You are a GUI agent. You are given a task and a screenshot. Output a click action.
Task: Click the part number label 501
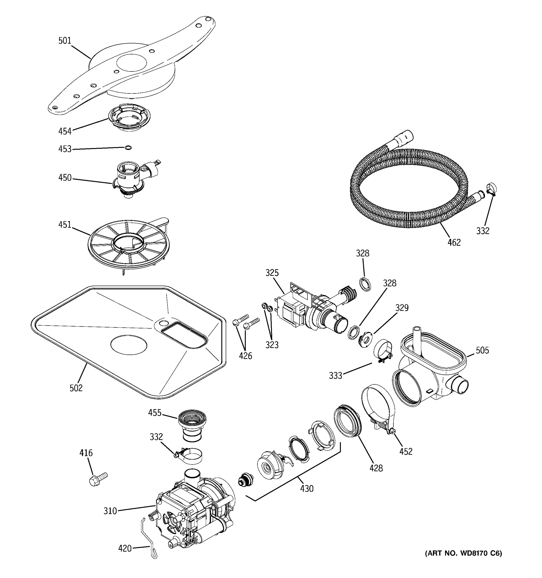[x=65, y=41]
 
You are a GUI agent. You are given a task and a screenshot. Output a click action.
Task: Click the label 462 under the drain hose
[x=454, y=243]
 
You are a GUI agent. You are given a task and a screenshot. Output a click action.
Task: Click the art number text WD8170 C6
[x=463, y=553]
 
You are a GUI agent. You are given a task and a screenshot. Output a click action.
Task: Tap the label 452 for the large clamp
[x=406, y=452]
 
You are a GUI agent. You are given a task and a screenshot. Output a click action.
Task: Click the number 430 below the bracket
[x=306, y=489]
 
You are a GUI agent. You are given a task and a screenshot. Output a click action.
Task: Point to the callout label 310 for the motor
[x=110, y=511]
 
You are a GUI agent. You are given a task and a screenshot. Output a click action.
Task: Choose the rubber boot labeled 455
[x=192, y=424]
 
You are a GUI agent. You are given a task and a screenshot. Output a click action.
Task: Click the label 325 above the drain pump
[x=272, y=273]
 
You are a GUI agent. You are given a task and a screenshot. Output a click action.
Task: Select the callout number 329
[x=402, y=308]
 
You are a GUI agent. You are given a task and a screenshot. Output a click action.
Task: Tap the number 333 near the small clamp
[x=335, y=376]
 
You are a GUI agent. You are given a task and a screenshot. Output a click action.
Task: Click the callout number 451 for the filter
[x=65, y=224]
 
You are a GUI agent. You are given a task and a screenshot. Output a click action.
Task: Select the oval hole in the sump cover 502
[x=129, y=345]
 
